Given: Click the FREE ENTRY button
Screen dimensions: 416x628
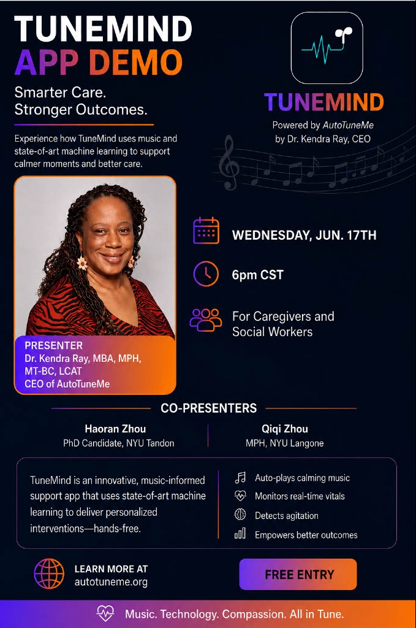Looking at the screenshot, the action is [x=298, y=574].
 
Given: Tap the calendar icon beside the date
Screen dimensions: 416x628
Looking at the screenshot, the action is [x=206, y=231].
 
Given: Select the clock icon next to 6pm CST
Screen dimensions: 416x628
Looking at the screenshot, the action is [x=206, y=274].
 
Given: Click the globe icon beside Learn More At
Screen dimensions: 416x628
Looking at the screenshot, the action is [x=49, y=574].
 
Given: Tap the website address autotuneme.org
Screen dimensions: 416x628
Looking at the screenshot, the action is [x=111, y=582].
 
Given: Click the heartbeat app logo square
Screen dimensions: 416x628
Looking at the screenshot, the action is [x=327, y=48].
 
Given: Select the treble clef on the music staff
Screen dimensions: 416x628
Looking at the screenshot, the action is [x=229, y=162].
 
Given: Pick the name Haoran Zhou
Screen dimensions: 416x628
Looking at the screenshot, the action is [x=115, y=429].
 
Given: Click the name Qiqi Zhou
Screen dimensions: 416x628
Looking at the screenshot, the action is [x=285, y=429].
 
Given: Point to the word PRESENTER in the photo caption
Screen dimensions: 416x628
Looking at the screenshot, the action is [x=53, y=345].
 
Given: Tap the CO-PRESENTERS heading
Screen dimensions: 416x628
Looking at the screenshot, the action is [x=208, y=408].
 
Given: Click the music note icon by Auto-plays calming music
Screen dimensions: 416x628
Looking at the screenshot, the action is [x=240, y=477].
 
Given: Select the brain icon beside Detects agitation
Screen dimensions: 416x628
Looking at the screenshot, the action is [x=240, y=515].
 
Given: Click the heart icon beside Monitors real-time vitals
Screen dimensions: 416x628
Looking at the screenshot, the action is [x=240, y=496].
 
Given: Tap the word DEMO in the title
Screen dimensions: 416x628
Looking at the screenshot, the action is [x=135, y=63].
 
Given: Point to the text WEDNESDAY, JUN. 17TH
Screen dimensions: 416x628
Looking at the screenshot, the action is [x=304, y=235].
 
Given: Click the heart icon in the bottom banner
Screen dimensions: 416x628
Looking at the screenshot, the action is [x=105, y=613].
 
